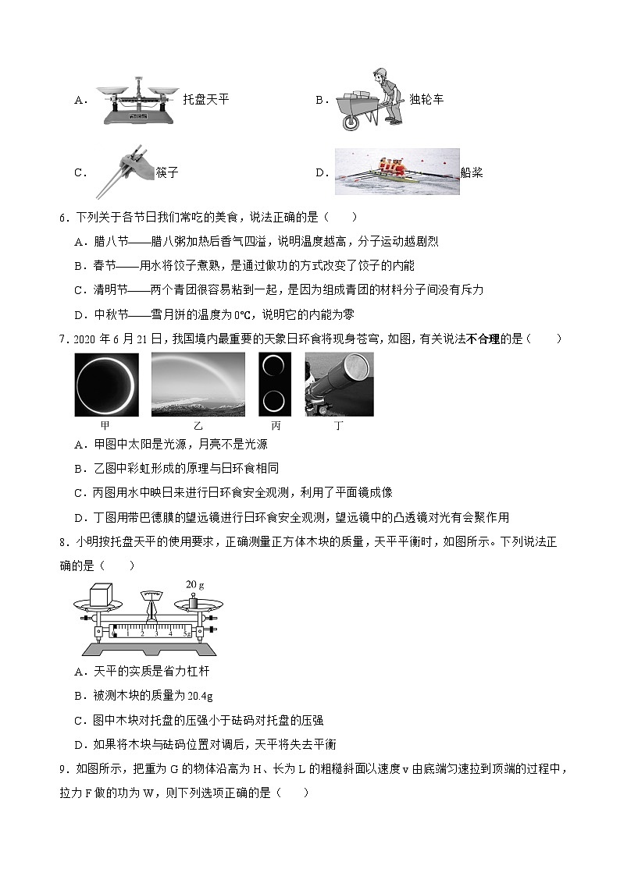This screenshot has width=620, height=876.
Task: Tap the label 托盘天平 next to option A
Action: point(205,100)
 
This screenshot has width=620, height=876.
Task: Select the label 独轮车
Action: point(426,100)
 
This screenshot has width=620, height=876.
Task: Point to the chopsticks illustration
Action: point(123,171)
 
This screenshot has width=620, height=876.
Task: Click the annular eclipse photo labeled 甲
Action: point(107,385)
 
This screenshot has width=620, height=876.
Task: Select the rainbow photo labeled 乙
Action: point(198,385)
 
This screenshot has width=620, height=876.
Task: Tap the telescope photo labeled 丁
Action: point(339,385)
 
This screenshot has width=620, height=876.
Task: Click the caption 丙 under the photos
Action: point(276,426)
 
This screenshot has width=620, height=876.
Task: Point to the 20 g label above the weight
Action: point(194,584)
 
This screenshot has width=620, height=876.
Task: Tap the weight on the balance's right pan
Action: point(196,601)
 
